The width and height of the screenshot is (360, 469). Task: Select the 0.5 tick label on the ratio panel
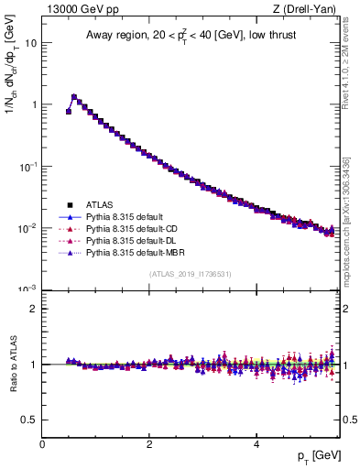coord(30,420)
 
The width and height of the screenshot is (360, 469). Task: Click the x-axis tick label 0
coord(43,443)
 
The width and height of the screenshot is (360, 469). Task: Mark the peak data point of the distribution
coord(74,96)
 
